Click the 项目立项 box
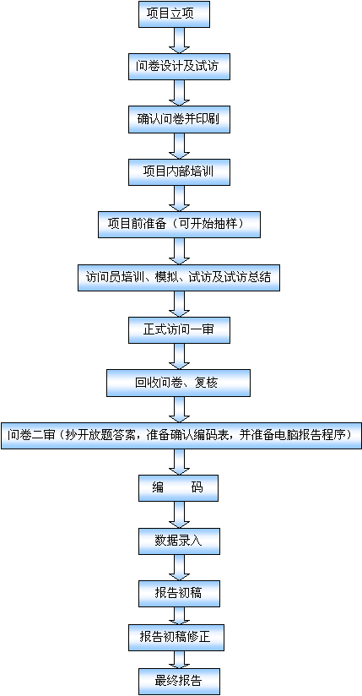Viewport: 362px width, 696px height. (174, 14)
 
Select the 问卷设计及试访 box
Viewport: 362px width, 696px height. (179, 67)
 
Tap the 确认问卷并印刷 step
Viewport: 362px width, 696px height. (179, 119)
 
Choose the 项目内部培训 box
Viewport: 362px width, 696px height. (179, 172)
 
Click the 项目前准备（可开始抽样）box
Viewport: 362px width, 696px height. (179, 225)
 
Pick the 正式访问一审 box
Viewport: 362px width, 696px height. (179, 330)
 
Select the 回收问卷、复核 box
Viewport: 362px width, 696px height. (178, 383)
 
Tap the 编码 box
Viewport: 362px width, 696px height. (178, 488)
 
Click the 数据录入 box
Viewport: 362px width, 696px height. (179, 541)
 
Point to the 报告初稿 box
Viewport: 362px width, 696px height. (179, 594)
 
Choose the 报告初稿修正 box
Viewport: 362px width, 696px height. (176, 638)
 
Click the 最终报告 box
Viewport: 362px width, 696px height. (179, 682)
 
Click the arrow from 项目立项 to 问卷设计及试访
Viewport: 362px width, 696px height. (179, 41)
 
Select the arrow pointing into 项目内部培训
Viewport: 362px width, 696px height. (179, 146)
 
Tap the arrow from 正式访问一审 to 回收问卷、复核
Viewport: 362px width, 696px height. (179, 357)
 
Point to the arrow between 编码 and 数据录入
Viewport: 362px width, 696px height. (179, 515)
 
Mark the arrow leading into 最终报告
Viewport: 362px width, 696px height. (179, 660)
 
